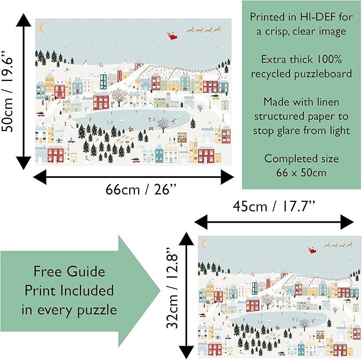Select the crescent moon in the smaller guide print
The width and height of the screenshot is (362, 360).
[x=204, y=243]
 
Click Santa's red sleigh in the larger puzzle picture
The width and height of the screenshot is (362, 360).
[x=173, y=35]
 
